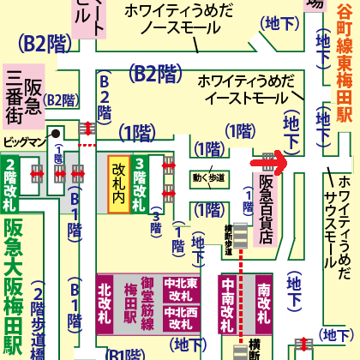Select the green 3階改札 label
(x=141, y=185)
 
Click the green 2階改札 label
(x=11, y=184)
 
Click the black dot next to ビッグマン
(x=54, y=134)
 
